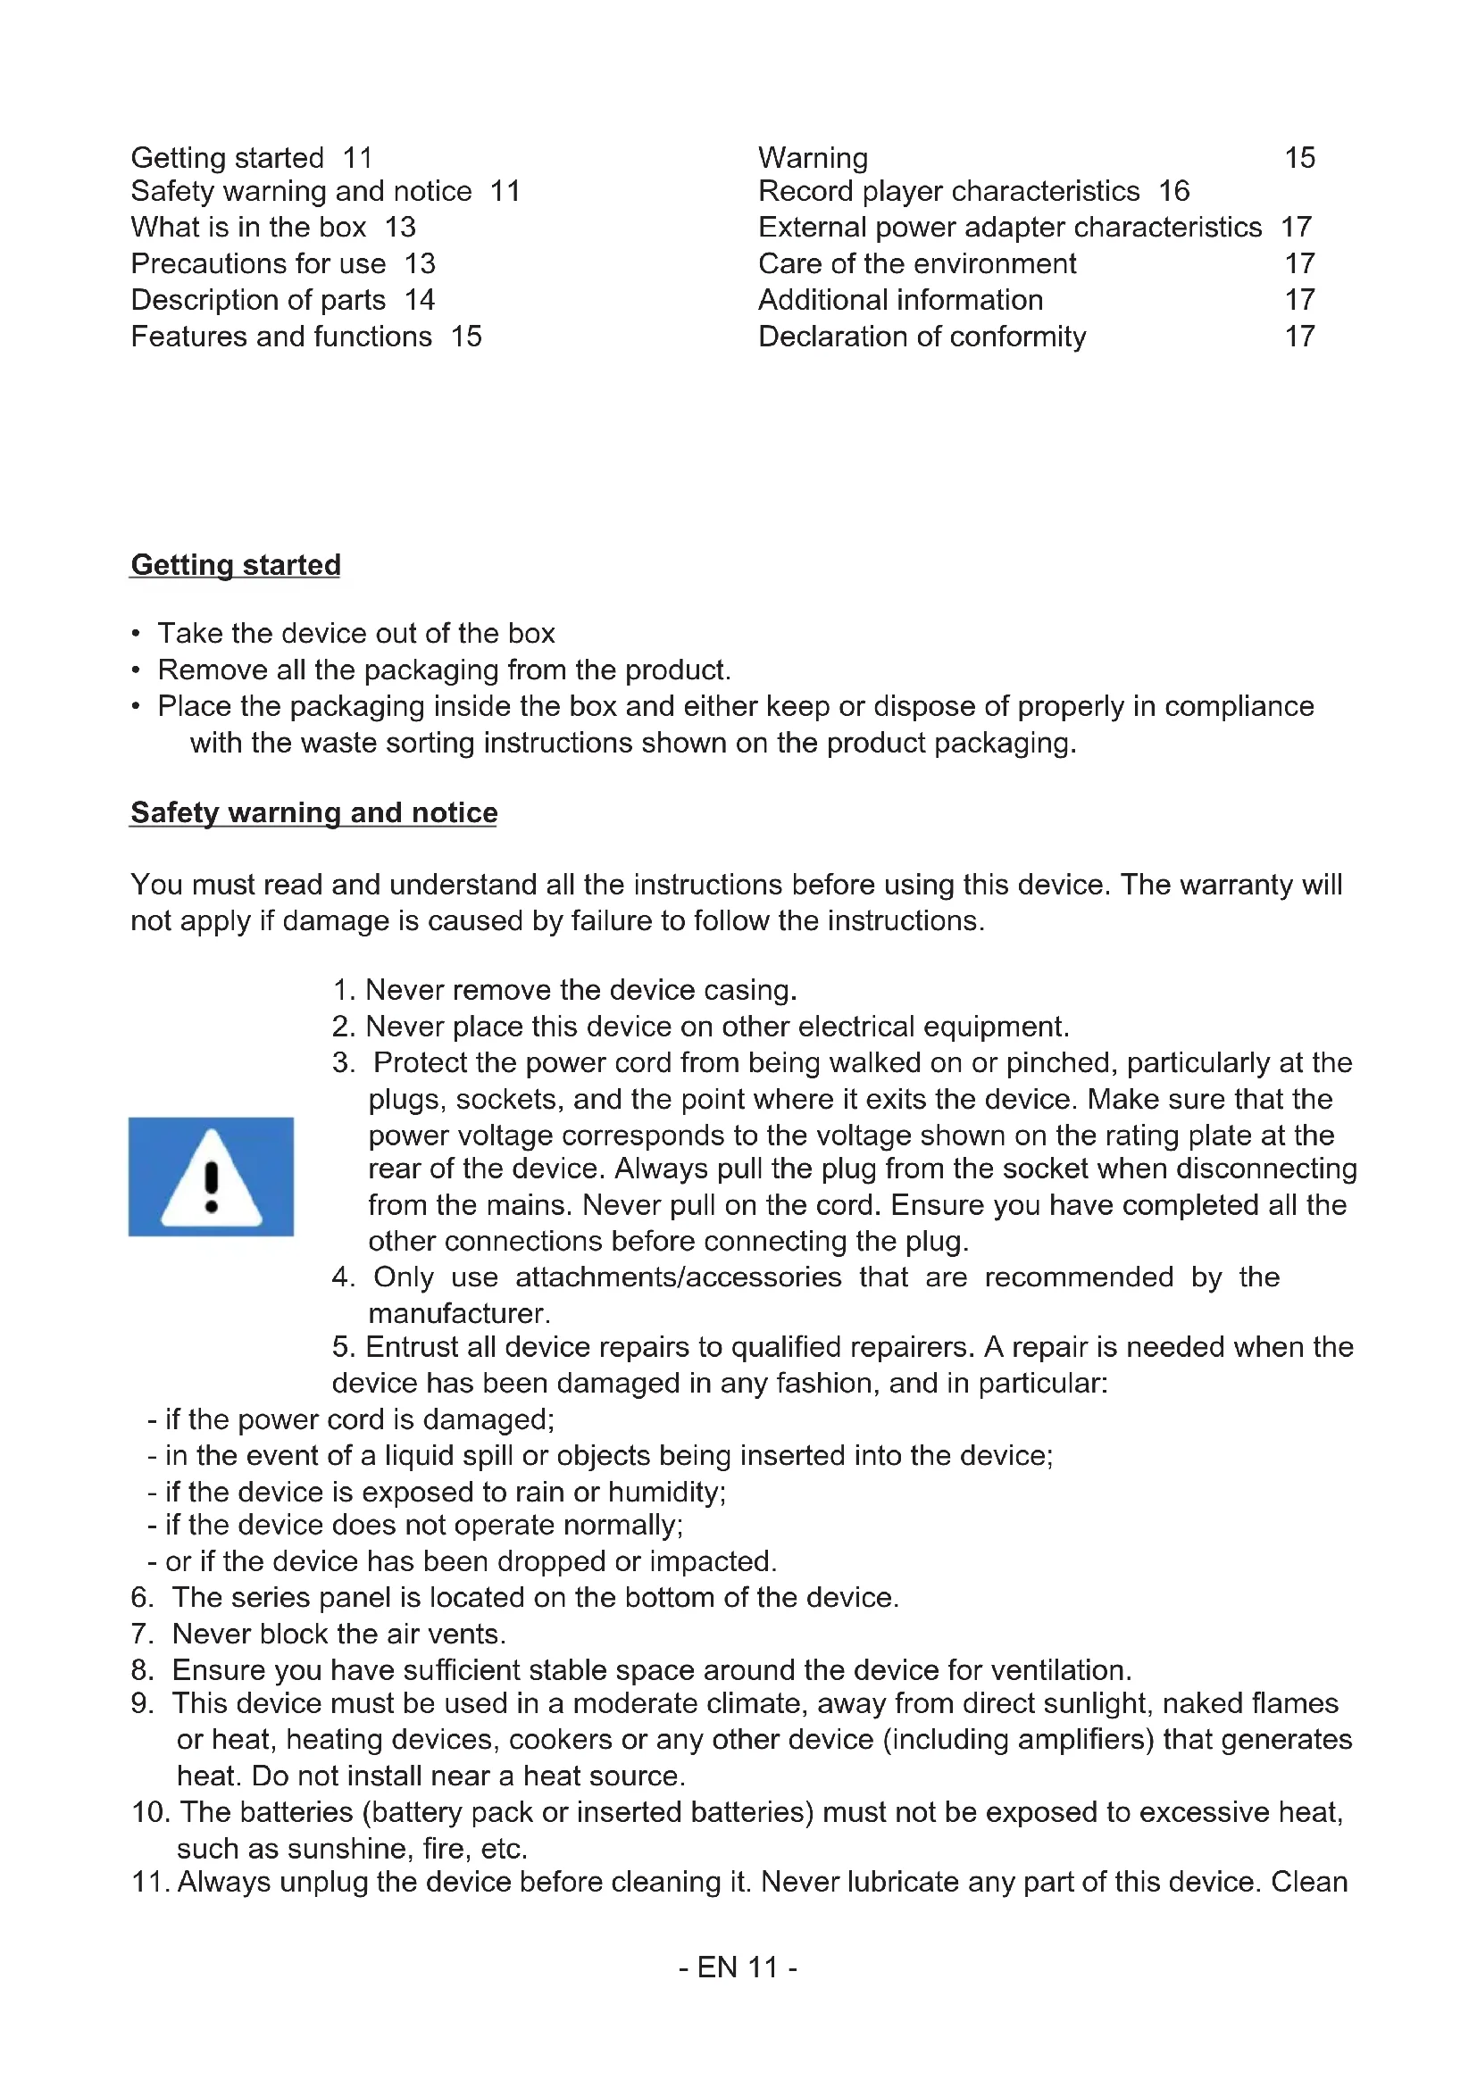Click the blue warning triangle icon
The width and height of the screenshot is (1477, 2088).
pos(211,1176)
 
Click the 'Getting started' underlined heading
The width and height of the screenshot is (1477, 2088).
pos(236,565)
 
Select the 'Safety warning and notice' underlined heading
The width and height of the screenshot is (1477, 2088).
pos(313,812)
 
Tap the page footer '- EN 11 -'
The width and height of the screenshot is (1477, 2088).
pos(738,1967)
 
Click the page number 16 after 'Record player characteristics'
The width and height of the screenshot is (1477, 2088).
pos(1173,191)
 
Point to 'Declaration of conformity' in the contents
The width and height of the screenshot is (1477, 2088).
pos(922,337)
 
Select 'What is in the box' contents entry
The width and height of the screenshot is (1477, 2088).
pos(248,228)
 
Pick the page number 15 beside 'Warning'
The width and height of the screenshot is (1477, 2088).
pos(1299,158)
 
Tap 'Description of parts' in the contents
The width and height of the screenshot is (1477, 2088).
pos(258,300)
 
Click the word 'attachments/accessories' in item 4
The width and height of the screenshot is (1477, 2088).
pos(679,1277)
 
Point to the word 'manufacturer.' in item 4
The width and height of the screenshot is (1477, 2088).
pos(459,1313)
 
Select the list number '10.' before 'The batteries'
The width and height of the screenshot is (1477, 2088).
pos(151,1811)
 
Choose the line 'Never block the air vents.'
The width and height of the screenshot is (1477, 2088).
pos(338,1634)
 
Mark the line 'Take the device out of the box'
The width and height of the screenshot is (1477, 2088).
pos(355,633)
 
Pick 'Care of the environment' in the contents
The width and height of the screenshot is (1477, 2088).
pos(917,263)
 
